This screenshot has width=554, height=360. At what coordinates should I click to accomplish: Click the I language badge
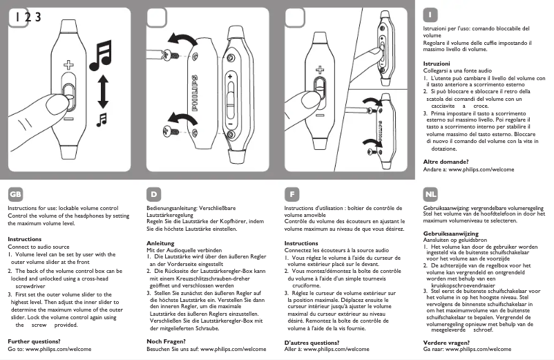(430, 15)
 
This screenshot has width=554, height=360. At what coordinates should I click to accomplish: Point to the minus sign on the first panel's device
(68, 119)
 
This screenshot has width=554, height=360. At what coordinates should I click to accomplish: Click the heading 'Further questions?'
(32, 341)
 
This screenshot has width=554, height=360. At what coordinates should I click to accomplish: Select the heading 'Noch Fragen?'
(166, 341)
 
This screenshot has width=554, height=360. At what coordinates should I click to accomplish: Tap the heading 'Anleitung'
(161, 243)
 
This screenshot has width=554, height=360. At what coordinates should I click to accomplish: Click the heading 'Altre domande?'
(449, 161)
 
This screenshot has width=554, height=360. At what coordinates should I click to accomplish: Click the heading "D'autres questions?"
(312, 342)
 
